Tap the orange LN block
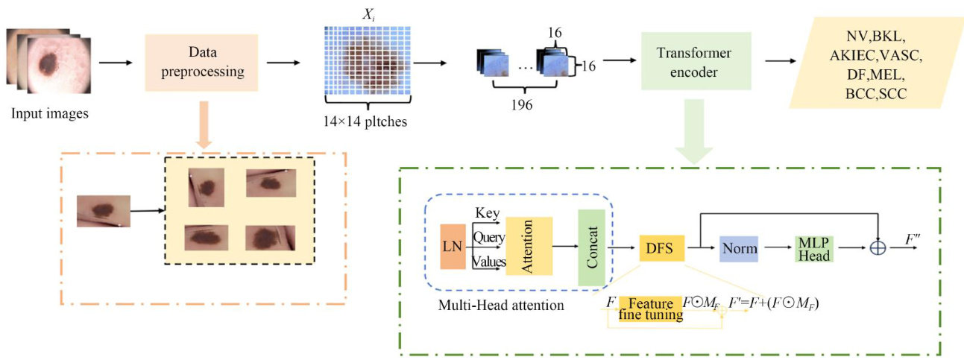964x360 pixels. pos(453,245)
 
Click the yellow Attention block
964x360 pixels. pos(529,246)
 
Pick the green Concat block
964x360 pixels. pos(591,247)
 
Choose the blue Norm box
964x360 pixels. pos(739,246)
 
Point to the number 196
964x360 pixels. pos(522,105)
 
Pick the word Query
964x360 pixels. pos(488,237)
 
